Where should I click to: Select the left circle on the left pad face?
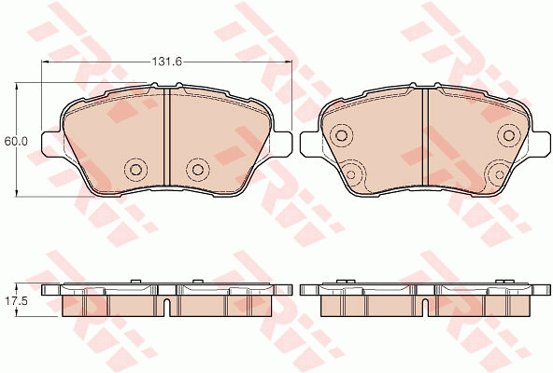135,170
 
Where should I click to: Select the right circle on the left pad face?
198,170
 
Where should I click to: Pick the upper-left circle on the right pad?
342,135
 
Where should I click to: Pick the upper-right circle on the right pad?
509,135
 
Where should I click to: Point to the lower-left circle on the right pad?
351,174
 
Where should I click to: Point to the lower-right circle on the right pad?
500,174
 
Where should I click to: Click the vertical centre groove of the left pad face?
167,137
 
